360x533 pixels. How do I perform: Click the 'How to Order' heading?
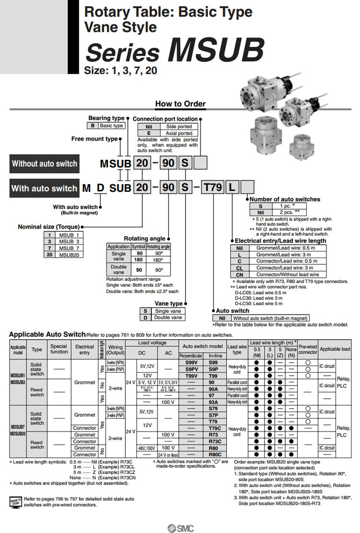pyautogui.click(x=180, y=104)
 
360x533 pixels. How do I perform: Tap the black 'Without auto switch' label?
pyautogui.click(x=44, y=164)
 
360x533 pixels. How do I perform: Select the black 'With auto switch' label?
pyautogui.click(x=44, y=188)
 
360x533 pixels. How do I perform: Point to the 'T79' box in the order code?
pyautogui.click(x=213, y=188)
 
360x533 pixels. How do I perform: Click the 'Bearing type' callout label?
pyautogui.click(x=106, y=118)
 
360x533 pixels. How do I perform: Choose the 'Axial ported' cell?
pyautogui.click(x=179, y=133)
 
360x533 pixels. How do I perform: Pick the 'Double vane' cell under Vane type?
pyautogui.click(x=168, y=318)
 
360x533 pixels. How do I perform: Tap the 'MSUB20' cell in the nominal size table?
pyautogui.click(x=70, y=255)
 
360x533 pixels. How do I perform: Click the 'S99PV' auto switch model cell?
pyautogui.click(x=192, y=369)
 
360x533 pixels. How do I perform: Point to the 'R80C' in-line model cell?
pyautogui.click(x=214, y=454)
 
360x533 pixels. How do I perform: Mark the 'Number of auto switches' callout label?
pyautogui.click(x=285, y=199)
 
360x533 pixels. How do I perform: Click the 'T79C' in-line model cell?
pyautogui.click(x=214, y=428)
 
